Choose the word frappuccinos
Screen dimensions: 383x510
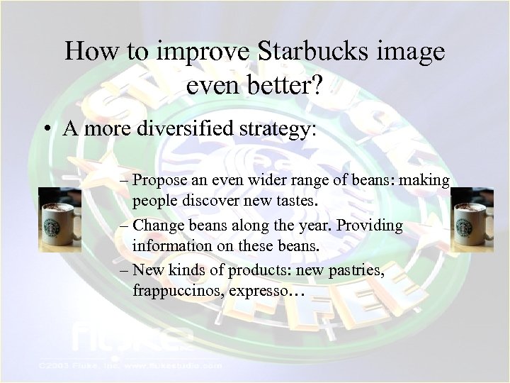171,291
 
